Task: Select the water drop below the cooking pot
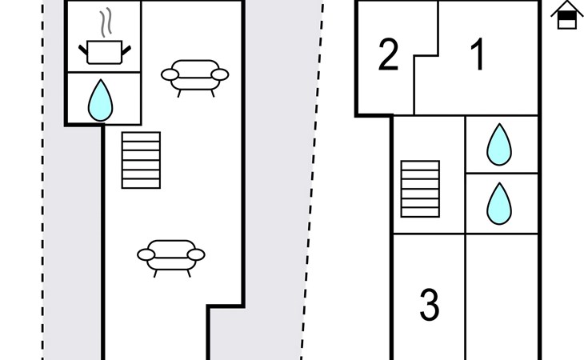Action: pos(100,99)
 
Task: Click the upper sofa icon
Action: pos(195,76)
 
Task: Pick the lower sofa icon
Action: pos(171,255)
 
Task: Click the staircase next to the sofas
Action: pos(141,160)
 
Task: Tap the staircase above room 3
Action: pos(420,189)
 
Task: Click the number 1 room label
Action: pos(478,56)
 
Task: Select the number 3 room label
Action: pos(430,305)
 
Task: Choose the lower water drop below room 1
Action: pos(499,203)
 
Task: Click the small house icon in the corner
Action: pos(566,15)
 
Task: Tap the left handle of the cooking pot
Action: pos(83,50)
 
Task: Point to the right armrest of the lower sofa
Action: pos(196,255)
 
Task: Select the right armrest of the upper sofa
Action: pos(221,75)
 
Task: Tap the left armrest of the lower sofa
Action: pos(146,255)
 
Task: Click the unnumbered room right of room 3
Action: pos(502,296)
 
